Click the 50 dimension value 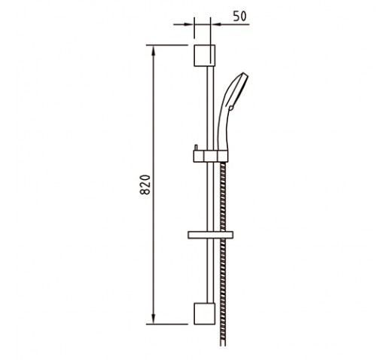coord(240,17)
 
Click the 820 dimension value coord(145,185)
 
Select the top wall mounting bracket coord(205,56)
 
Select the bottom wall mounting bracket coord(205,313)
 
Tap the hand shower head coord(231,111)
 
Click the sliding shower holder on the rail coord(211,156)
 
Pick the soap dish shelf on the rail coord(210,235)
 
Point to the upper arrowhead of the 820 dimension coord(154,50)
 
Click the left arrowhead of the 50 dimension coord(189,24)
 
